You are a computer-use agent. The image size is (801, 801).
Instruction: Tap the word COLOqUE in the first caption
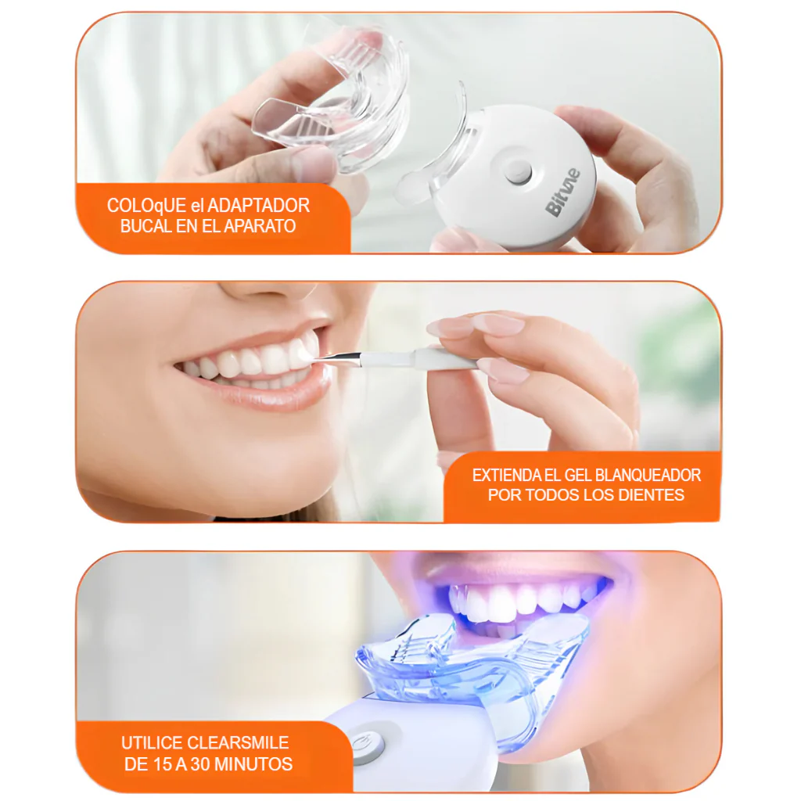pos(146,206)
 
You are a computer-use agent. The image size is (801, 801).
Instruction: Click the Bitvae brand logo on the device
pos(562,192)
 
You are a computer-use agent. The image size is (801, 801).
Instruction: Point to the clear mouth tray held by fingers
pos(332,102)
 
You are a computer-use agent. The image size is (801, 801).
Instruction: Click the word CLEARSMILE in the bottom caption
pos(238,742)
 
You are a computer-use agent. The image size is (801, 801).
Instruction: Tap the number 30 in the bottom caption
pos(200,764)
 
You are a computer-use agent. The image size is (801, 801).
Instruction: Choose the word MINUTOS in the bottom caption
pos(253,764)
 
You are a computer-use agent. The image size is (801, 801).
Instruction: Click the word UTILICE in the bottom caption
pos(152,742)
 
